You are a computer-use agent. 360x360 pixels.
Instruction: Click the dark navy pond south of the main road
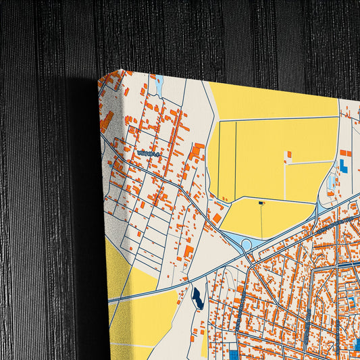[x=197, y=297]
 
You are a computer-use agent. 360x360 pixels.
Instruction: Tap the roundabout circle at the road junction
[x=247, y=245]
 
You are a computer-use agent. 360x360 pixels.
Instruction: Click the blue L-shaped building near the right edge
[x=344, y=164]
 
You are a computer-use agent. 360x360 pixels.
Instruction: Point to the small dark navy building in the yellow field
[x=261, y=203]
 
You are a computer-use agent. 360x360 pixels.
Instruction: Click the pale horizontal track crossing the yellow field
[x=311, y=162]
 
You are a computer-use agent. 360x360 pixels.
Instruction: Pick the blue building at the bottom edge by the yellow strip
[x=234, y=354]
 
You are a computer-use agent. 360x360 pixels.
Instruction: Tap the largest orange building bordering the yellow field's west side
[x=197, y=151]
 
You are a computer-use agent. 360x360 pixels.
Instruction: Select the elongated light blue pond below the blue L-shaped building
[x=330, y=181]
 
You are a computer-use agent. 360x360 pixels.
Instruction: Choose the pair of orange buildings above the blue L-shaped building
[x=343, y=153]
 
